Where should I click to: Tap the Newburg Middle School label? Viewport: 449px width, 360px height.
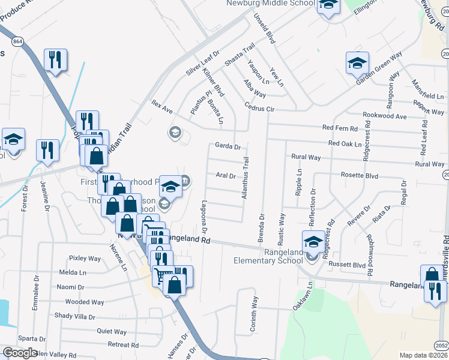pos(271,4)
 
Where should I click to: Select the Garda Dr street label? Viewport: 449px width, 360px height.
pos(228,146)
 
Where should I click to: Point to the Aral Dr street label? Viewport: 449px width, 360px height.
pos(225,176)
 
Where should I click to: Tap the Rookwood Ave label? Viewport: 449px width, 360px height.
pos(385,116)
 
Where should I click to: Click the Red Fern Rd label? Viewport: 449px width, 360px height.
pos(340,128)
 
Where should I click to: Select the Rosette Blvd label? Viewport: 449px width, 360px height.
pos(359,176)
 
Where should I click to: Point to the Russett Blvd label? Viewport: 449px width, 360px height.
pos(348,265)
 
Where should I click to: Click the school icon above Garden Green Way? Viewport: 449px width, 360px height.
pos(357,62)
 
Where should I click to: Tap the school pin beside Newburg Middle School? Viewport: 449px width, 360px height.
pos(328,5)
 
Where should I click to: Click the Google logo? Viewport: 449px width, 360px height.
pos(20,353)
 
